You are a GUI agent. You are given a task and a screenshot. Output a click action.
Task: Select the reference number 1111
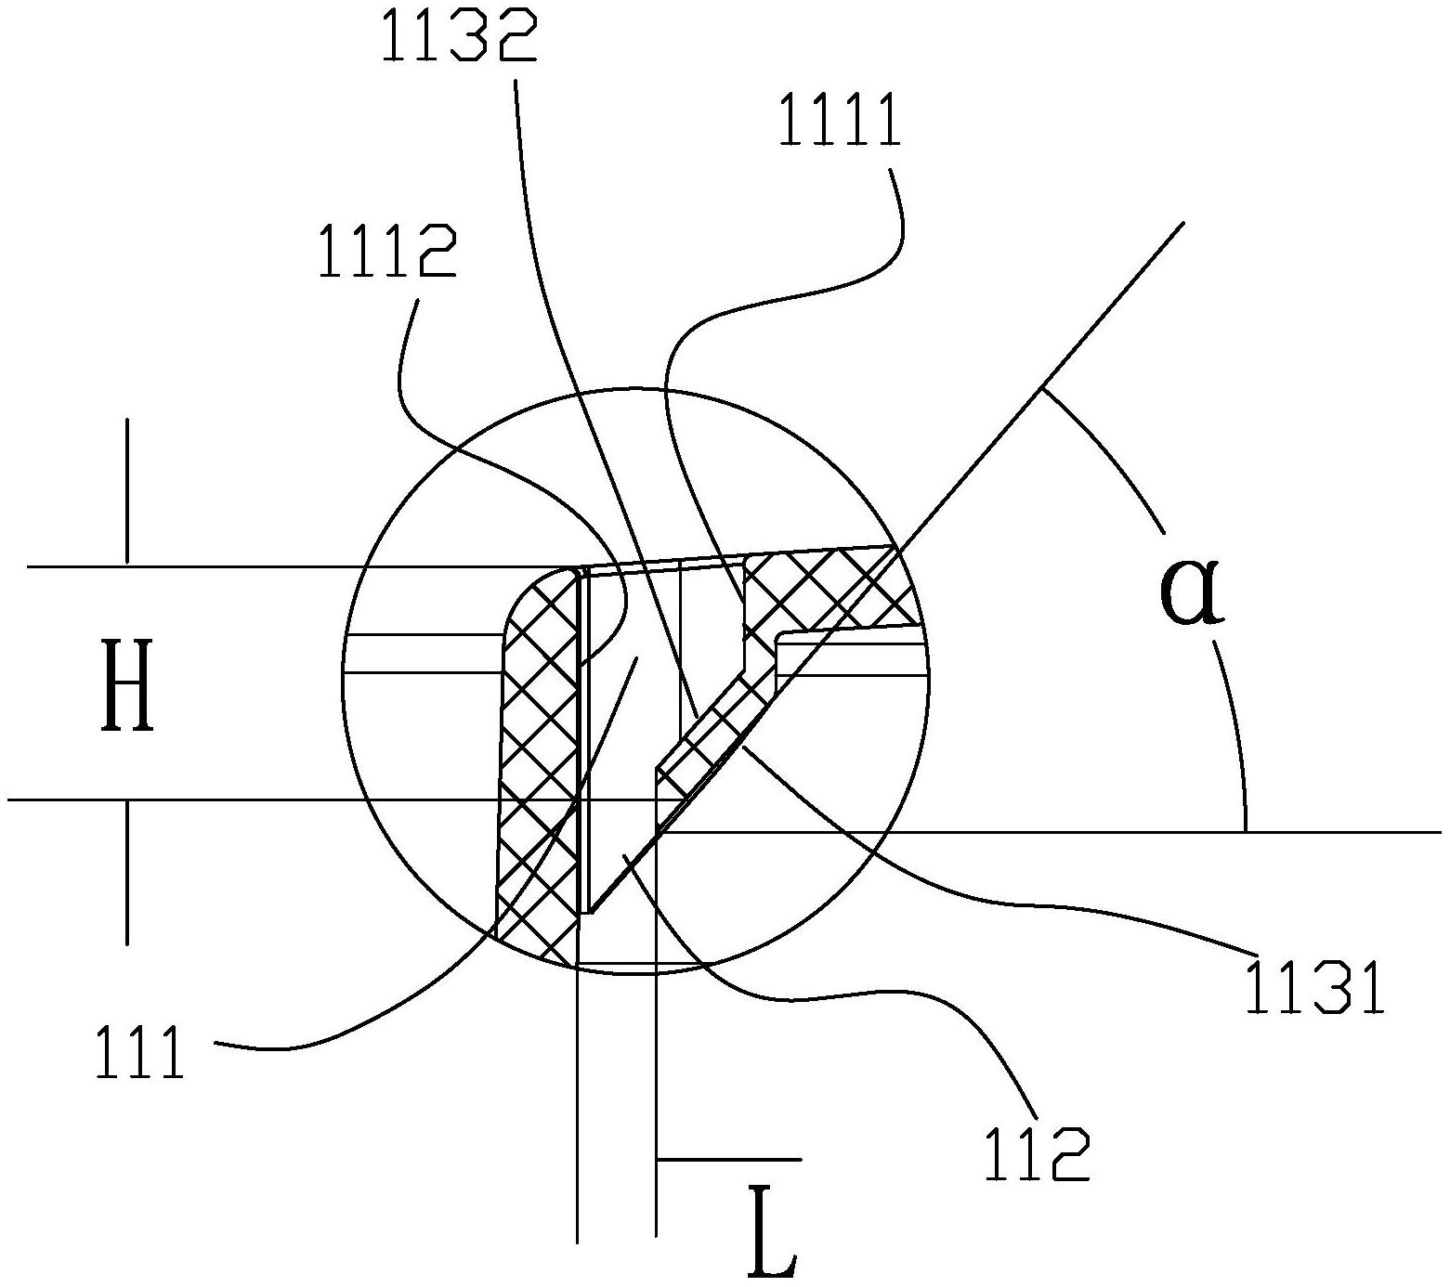[x=840, y=123]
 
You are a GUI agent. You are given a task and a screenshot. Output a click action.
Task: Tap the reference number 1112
[x=387, y=253]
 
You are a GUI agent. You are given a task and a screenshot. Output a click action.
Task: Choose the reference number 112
[x=1037, y=1155]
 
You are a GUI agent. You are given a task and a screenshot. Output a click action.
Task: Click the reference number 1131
[x=1314, y=988]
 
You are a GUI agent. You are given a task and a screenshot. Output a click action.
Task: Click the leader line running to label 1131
[x=929, y=882]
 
